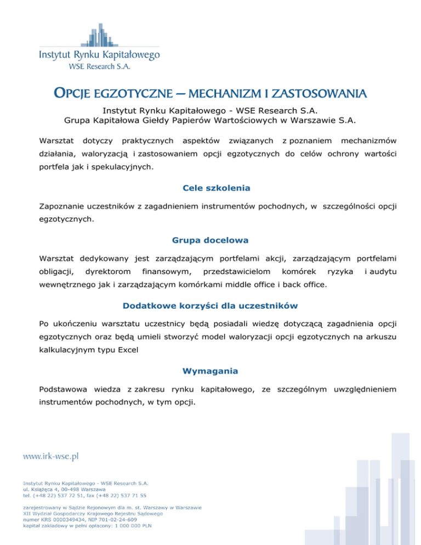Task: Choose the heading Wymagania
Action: point(210,371)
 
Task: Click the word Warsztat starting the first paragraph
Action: point(55,141)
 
